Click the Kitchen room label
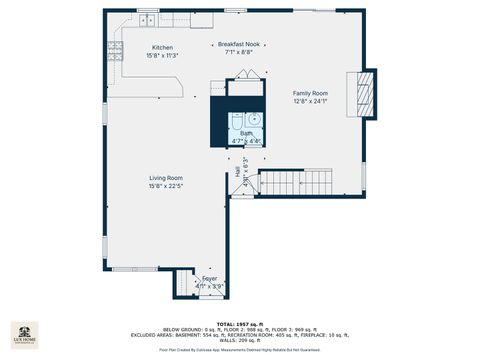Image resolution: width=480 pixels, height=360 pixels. pyautogui.click(x=162, y=48)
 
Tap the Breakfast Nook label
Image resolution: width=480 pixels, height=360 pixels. pyautogui.click(x=240, y=44)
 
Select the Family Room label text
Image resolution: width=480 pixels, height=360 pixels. pyautogui.click(x=311, y=93)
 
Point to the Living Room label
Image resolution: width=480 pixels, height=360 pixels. pyautogui.click(x=166, y=178)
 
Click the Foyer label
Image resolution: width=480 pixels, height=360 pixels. pyautogui.click(x=210, y=278)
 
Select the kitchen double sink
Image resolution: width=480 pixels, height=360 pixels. pyautogui.click(x=148, y=20)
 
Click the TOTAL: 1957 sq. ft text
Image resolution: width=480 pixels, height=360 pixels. pyautogui.click(x=240, y=326)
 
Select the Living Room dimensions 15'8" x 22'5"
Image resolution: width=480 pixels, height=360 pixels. pyautogui.click(x=166, y=185)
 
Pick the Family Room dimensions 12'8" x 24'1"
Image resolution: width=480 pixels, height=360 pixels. pyautogui.click(x=311, y=100)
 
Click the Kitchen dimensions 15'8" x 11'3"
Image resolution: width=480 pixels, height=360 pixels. pyautogui.click(x=162, y=55)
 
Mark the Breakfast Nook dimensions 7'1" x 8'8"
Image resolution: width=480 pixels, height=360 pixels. pyautogui.click(x=240, y=51)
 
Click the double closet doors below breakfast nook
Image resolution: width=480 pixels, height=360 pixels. pyautogui.click(x=246, y=75)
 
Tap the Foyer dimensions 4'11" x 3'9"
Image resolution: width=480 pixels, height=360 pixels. pyautogui.click(x=210, y=285)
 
